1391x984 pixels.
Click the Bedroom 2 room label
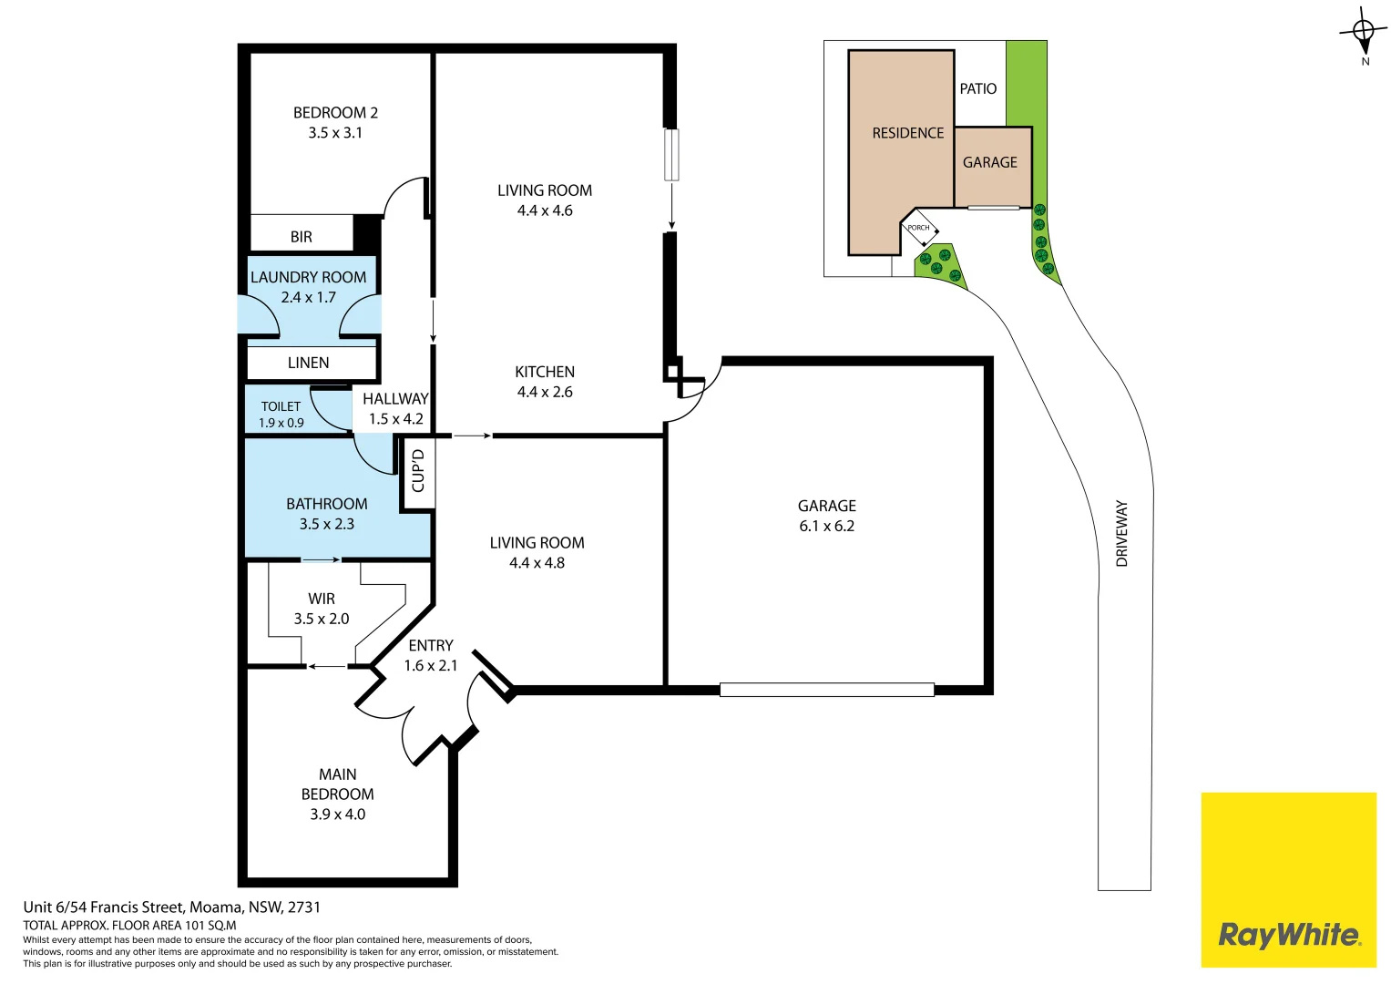[335, 113]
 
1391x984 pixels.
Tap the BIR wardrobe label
[302, 237]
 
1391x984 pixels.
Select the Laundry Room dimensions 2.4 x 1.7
[308, 298]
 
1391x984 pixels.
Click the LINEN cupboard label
[308, 363]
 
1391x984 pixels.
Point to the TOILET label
[281, 406]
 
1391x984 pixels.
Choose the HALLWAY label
[395, 399]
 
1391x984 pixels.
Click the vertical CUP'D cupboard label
[418, 471]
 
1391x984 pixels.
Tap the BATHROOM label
[326, 504]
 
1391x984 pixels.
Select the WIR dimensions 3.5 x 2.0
[321, 619]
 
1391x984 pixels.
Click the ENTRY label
[430, 645]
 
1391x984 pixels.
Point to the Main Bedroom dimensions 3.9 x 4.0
[337, 815]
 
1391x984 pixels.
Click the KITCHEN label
[545, 372]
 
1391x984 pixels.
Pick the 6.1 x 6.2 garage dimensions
[826, 527]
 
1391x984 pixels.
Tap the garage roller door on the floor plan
[826, 690]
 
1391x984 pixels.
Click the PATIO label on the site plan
[977, 88]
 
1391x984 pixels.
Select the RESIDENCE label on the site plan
[907, 133]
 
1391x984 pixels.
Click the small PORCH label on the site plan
[918, 228]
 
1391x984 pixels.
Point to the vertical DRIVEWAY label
[1121, 533]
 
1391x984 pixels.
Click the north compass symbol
[1364, 34]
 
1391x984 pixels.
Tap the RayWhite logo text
[1288, 935]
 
